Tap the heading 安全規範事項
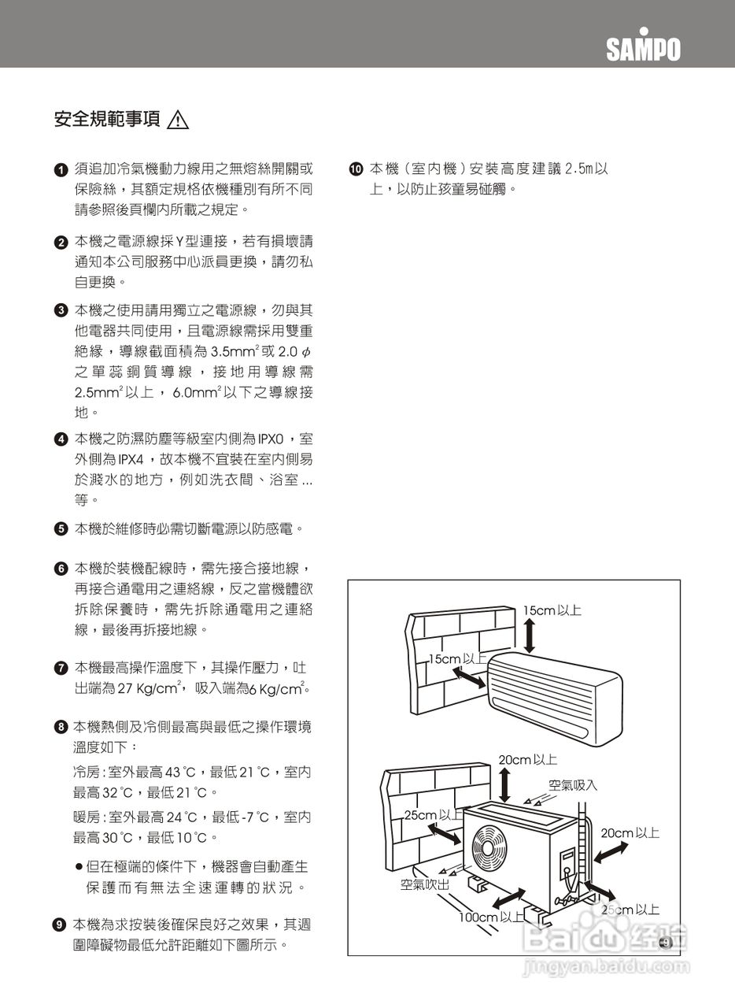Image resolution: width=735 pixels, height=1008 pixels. [x=107, y=120]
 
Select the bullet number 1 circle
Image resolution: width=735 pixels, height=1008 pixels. [x=61, y=170]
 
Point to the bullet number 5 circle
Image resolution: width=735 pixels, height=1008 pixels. [x=61, y=529]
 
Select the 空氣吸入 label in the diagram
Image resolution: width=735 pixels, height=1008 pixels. [x=572, y=785]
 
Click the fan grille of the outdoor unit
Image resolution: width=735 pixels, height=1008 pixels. [x=492, y=850]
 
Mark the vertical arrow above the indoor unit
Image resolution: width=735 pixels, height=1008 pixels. [x=529, y=636]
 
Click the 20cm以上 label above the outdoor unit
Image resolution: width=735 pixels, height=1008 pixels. [x=527, y=760]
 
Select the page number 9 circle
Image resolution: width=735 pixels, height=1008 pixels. [x=665, y=943]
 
